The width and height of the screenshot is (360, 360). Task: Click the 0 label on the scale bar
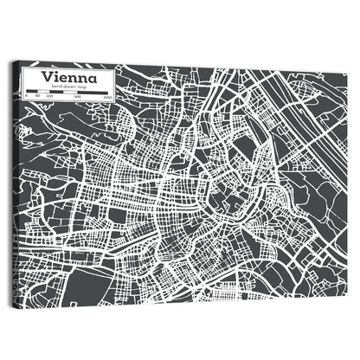[x=27, y=96]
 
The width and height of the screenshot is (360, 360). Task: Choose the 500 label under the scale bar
[x=77, y=96]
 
